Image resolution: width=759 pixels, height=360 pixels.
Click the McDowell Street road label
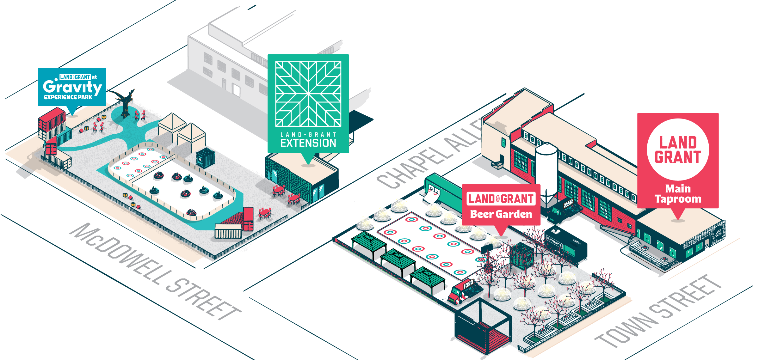point(155,272)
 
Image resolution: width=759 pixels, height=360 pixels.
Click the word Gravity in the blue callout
point(72,87)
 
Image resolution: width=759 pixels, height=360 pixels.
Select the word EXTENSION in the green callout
point(308,143)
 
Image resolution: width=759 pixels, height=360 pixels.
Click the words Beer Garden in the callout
point(501,214)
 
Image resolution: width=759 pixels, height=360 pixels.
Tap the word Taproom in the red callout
point(678,199)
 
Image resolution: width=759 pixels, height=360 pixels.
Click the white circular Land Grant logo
point(678,149)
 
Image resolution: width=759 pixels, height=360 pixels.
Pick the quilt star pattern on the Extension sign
point(308,94)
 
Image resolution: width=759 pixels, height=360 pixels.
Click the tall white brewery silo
point(546,172)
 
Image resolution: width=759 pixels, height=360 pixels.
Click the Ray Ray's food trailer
point(566,245)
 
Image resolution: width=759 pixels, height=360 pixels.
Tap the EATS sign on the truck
point(568,204)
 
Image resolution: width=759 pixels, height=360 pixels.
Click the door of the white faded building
point(236,90)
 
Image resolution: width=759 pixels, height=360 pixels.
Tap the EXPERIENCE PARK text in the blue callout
point(68,97)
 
